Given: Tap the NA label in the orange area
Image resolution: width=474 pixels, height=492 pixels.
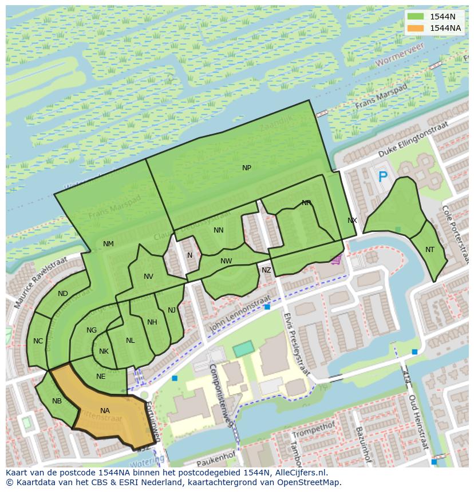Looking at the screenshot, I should [105, 411].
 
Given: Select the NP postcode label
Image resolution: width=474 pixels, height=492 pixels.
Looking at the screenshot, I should [247, 167].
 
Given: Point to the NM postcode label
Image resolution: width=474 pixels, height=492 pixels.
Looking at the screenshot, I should [108, 244].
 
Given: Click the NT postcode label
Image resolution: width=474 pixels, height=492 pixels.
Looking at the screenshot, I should [430, 249].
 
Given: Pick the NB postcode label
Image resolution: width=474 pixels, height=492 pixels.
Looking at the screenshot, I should [57, 401].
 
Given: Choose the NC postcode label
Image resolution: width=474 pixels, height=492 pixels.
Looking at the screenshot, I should [38, 341].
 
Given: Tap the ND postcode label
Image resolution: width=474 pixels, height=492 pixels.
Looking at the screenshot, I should [63, 294].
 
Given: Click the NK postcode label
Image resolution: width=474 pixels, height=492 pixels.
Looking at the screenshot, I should [104, 351].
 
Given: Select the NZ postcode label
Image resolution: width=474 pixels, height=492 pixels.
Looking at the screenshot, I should [266, 270].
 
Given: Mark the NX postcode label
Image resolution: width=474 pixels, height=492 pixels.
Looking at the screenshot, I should [352, 221].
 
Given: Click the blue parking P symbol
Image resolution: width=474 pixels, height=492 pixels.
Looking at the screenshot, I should [382, 178].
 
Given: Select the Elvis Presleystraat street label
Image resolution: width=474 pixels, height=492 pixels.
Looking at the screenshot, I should [297, 343].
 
